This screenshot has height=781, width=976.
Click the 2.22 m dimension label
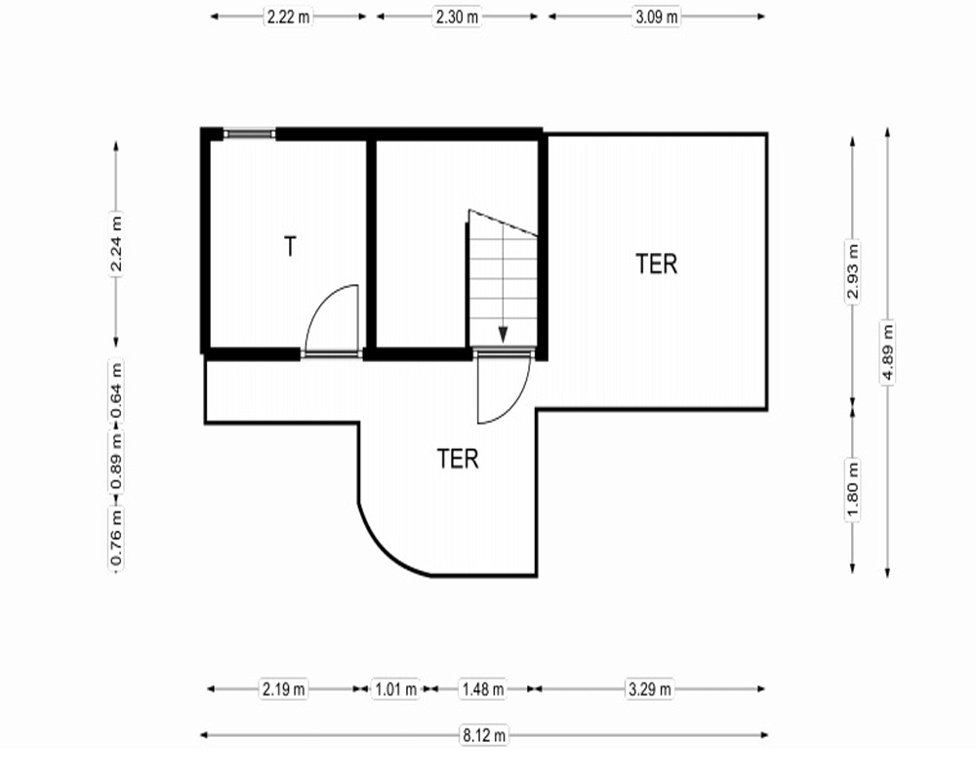[x=288, y=17]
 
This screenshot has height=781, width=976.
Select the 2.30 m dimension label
[x=457, y=17]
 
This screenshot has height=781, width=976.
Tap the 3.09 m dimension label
[x=656, y=17]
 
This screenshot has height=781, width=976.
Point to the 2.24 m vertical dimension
[x=116, y=243]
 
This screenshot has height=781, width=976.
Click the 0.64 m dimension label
[x=116, y=391]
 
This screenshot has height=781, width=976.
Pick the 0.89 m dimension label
[x=116, y=462]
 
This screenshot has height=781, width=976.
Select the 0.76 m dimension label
[x=116, y=537]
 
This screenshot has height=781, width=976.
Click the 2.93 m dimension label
[x=853, y=271]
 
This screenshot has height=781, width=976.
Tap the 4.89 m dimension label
[x=887, y=351]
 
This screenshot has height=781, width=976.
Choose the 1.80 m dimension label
[x=853, y=489]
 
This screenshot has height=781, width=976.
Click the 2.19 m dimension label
[x=284, y=689]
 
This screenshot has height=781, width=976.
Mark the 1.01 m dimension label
[x=396, y=689]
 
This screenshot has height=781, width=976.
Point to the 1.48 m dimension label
[x=483, y=689]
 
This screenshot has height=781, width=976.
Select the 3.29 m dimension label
[x=650, y=689]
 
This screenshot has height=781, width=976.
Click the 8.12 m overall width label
[x=484, y=735]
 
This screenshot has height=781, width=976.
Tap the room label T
[x=290, y=247]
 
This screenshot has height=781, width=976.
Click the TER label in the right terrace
[x=656, y=264]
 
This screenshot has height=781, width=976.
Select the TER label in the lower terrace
[x=458, y=459]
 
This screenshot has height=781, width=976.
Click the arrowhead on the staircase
[x=503, y=335]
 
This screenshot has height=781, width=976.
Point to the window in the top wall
[x=250, y=134]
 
